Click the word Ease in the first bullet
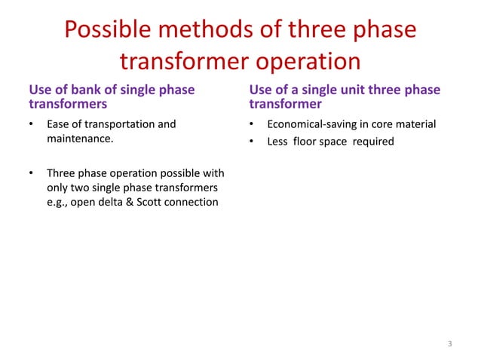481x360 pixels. pyautogui.click(x=59, y=124)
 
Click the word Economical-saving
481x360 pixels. pyautogui.click(x=311, y=124)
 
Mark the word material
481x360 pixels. pyautogui.click(x=416, y=124)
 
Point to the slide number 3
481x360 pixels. pyautogui.click(x=449, y=344)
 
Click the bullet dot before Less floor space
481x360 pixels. pyautogui.click(x=252, y=141)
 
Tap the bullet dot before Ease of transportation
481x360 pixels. pyautogui.click(x=31, y=124)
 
